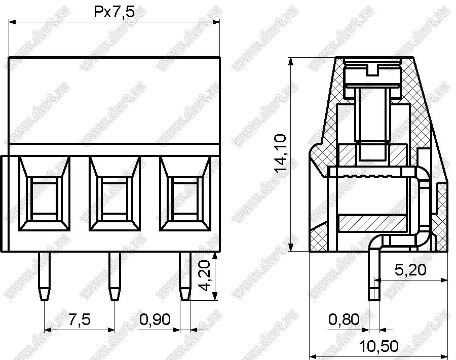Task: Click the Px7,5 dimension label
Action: tap(115, 13)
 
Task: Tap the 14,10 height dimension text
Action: tap(281, 154)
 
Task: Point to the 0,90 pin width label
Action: tap(155, 319)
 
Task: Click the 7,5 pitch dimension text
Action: tap(79, 319)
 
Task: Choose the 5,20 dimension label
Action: tap(410, 270)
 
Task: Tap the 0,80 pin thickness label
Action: tap(344, 319)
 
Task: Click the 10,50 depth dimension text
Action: tap(379, 346)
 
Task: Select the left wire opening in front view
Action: tap(44, 194)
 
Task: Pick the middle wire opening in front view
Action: tap(115, 194)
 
